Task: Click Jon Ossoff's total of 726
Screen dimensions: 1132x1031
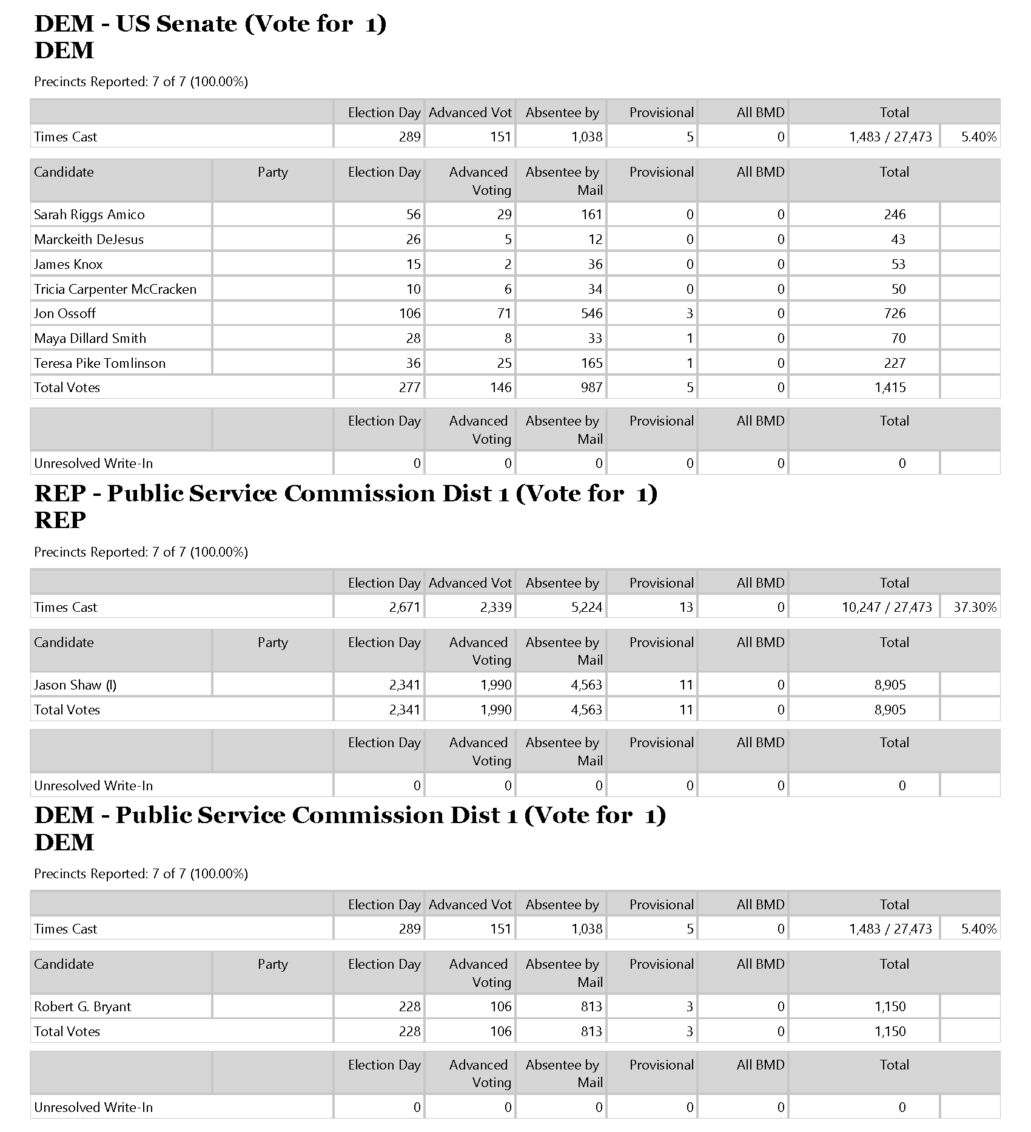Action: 895,313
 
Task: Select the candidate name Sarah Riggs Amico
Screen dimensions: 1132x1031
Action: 89,214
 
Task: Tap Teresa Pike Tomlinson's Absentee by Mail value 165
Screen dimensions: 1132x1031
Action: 591,363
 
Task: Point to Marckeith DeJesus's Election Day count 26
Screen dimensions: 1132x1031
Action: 413,239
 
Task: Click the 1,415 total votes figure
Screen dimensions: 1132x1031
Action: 890,387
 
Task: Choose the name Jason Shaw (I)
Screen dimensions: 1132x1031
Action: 75,685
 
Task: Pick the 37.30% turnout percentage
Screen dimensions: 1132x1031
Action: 975,607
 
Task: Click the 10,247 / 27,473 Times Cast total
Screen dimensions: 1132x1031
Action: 886,607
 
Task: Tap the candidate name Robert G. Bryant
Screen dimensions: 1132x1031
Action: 82,1006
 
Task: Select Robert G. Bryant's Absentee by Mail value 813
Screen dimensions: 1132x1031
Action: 591,1006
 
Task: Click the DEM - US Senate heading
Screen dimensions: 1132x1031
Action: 210,24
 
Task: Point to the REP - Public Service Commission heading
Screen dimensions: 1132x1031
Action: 346,493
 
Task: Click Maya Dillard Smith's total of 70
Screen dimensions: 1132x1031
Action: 898,338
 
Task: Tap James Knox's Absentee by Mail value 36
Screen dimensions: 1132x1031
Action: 595,264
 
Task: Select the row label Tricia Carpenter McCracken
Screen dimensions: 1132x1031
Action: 115,289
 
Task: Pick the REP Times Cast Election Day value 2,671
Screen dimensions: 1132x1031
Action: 405,607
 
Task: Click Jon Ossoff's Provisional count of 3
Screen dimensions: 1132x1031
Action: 690,313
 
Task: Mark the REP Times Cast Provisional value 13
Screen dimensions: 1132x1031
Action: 686,607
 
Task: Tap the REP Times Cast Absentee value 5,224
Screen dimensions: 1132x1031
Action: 586,607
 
